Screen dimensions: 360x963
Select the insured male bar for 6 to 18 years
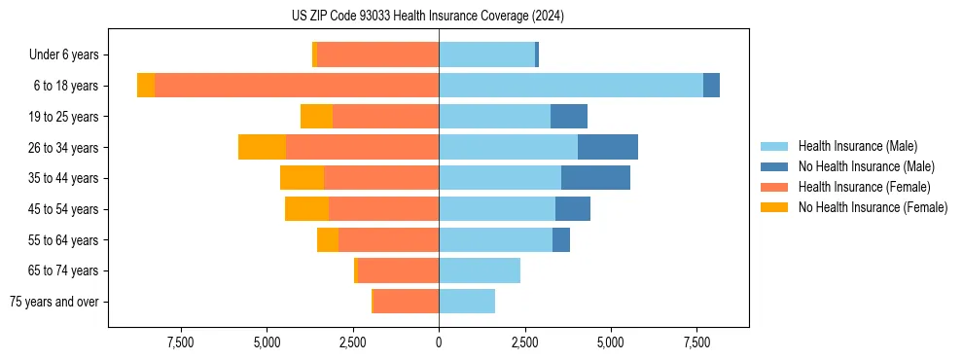[x=571, y=86]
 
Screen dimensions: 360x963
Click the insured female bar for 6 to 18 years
[x=297, y=86]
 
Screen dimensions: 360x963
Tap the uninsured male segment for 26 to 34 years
[x=608, y=147]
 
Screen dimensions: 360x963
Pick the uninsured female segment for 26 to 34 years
[x=262, y=147]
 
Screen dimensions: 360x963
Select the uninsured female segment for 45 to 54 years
[x=306, y=209]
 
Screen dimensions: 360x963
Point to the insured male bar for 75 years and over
[x=467, y=302]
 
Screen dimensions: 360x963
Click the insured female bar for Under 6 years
[x=377, y=54]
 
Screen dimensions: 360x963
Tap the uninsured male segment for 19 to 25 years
[x=569, y=117]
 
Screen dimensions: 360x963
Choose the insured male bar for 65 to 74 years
[x=480, y=270]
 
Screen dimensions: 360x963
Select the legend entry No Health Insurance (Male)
[x=866, y=166]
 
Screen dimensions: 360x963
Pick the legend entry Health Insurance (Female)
[x=864, y=187]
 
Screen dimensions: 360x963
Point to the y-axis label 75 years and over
[x=53, y=302]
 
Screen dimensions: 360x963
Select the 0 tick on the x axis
[x=439, y=342]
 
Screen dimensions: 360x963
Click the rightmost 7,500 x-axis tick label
[x=696, y=342]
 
